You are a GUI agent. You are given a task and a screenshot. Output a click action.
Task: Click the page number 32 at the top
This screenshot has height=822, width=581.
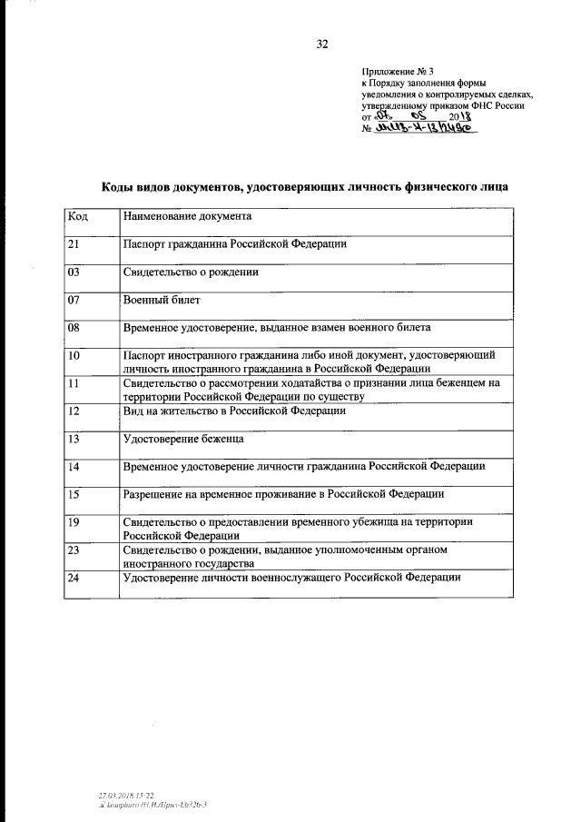click(321, 43)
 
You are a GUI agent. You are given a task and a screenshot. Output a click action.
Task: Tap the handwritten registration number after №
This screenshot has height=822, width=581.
click(426, 129)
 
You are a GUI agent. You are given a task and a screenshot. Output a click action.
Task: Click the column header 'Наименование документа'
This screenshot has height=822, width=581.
click(187, 217)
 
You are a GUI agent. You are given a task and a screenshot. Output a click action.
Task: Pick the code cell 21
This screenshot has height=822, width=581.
click(75, 244)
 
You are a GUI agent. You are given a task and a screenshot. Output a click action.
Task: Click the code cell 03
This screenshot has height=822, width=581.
click(75, 272)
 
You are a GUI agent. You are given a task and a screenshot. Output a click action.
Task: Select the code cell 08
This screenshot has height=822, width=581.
click(75, 326)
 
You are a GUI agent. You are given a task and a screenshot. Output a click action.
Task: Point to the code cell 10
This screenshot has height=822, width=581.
click(75, 354)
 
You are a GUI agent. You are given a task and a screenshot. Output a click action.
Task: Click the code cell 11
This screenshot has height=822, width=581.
click(75, 383)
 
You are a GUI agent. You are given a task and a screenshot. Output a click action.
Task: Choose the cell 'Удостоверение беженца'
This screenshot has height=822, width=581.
click(184, 439)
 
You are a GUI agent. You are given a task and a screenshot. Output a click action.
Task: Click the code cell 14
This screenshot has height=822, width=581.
click(75, 466)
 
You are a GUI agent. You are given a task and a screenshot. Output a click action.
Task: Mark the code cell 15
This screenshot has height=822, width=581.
click(75, 494)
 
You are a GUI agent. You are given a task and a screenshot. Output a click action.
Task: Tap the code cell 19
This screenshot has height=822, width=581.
click(75, 522)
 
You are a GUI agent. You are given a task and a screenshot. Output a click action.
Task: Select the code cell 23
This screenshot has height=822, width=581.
click(75, 550)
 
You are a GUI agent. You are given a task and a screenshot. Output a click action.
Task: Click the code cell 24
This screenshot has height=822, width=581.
click(75, 578)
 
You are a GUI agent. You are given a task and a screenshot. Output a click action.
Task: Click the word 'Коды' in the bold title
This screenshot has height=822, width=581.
click(120, 186)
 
